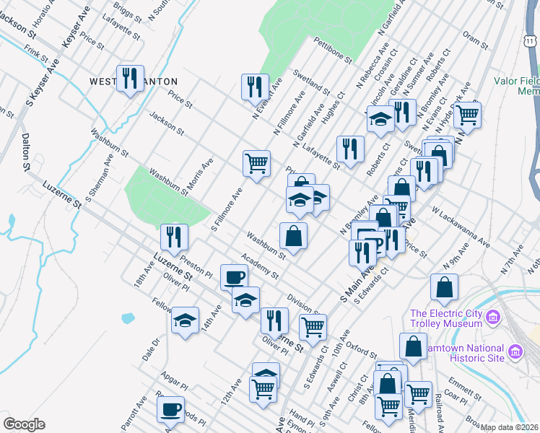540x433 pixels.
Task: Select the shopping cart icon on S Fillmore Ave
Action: pos(256,164)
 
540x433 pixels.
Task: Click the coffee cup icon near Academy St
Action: pos(234,277)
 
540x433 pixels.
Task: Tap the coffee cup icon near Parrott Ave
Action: pos(170,409)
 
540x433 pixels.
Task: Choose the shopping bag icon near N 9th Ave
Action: pos(444,287)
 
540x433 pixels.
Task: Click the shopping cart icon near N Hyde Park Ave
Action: pos(468,113)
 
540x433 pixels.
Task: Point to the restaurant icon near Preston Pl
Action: pos(174,236)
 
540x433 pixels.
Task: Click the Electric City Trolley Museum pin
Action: pos(493,318)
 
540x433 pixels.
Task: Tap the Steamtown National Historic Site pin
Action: pos(515,351)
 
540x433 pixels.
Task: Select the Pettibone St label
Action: pos(332,51)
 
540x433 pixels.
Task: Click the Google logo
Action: pos(24,424)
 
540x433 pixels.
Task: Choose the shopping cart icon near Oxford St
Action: pos(313,326)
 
